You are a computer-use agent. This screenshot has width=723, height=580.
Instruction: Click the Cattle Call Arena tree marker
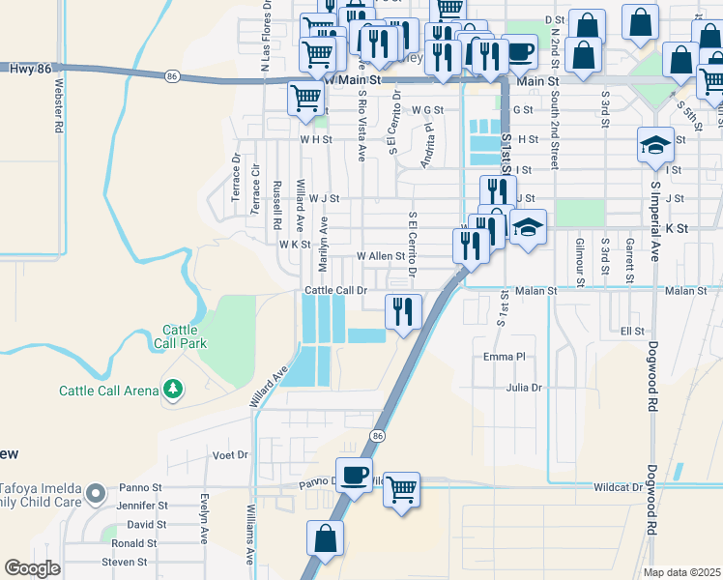tap(173, 390)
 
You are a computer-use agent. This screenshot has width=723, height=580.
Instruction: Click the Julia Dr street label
tap(525, 388)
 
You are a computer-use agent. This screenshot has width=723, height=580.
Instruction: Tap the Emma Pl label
tap(503, 357)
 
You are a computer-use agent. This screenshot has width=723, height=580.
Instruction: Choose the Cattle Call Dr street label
tap(336, 290)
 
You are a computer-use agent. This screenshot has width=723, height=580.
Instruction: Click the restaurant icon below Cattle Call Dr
tap(402, 311)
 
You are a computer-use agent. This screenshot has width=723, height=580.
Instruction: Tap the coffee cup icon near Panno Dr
tap(354, 474)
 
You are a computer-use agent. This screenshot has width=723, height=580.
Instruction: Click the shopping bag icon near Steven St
tap(326, 538)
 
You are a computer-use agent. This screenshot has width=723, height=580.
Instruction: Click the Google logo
tap(32, 567)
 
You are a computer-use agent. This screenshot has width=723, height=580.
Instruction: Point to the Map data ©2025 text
tap(681, 572)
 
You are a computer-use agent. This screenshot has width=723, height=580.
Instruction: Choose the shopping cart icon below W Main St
tap(306, 97)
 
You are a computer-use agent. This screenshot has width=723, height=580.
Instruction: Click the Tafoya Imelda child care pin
tap(95, 495)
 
